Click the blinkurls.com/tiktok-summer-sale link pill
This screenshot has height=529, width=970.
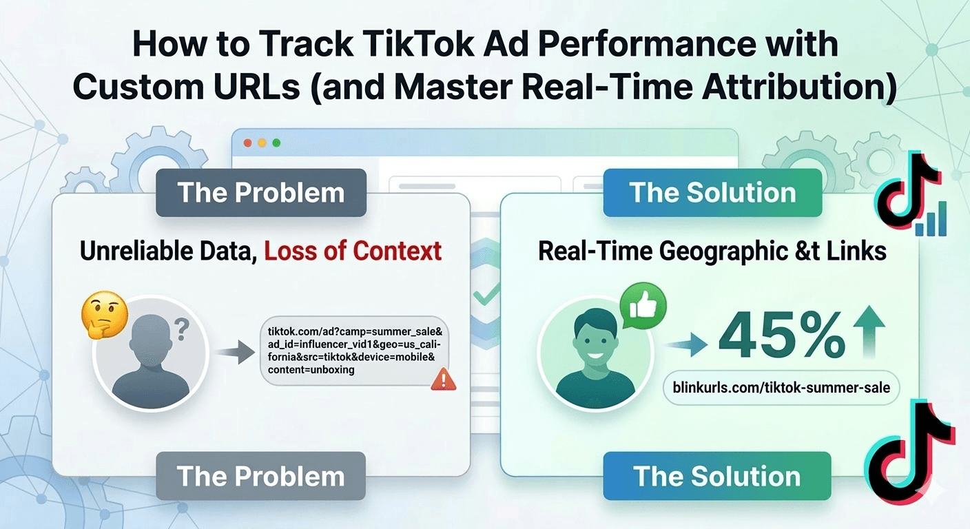click(781, 387)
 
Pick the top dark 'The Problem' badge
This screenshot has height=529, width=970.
click(261, 193)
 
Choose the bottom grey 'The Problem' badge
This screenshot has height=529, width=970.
click(261, 476)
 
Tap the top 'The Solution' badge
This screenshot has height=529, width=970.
click(712, 193)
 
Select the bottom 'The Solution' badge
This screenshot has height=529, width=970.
click(716, 476)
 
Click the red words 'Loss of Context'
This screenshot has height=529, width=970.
click(353, 251)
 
